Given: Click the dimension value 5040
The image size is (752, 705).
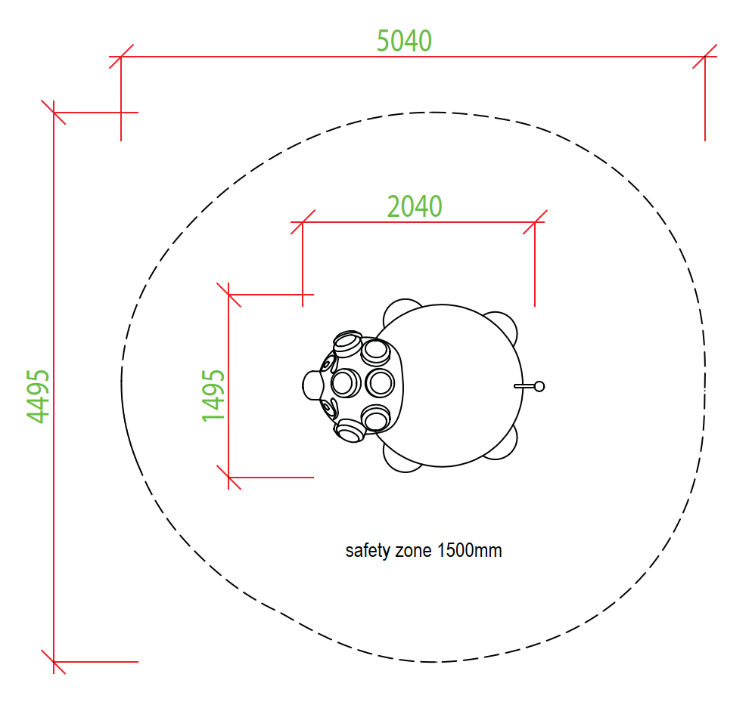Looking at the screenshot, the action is coord(404,41).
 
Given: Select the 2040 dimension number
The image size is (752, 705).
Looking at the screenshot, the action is coord(415,206).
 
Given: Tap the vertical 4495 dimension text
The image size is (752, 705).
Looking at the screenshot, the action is coord(38,397).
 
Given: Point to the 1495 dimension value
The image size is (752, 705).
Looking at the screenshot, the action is coord(213,396).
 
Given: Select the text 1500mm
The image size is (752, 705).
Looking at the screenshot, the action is coord(470,550).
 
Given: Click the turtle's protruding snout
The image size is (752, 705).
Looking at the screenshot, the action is coord(312,385).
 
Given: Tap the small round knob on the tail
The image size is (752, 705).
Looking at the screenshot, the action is coord(539,386).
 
